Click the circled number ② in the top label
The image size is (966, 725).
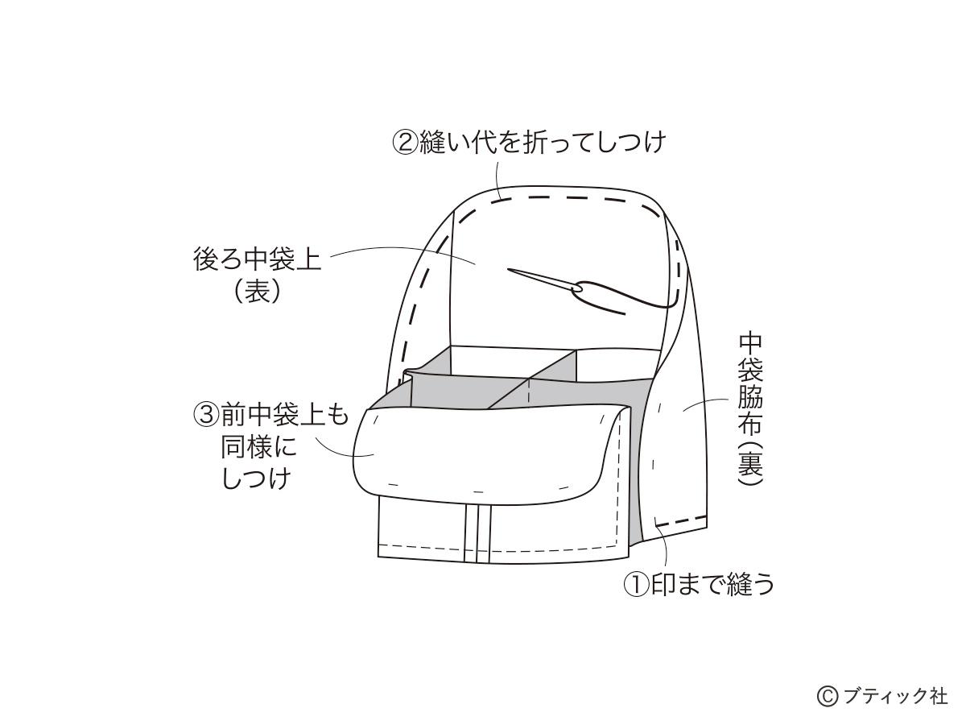pyautogui.click(x=404, y=143)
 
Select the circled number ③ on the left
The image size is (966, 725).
pyautogui.click(x=206, y=416)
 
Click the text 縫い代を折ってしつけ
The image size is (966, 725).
pyautogui.click(x=541, y=143)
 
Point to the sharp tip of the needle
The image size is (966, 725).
pyautogui.click(x=509, y=269)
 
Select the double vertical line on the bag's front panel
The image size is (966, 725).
pyautogui.click(x=477, y=532)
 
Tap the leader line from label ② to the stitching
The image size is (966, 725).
pyautogui.click(x=497, y=180)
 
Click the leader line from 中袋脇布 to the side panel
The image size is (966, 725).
pyautogui.click(x=704, y=404)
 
